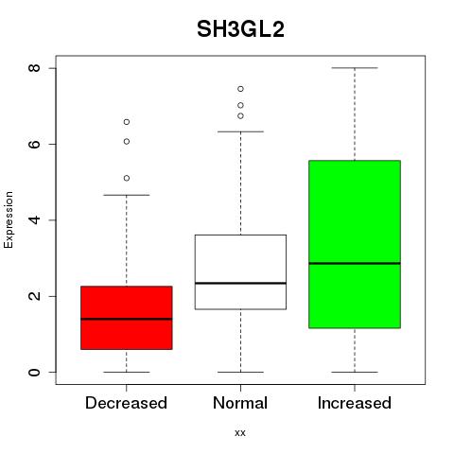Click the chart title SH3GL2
pos(240,29)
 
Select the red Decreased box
pos(127,318)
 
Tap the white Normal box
pos(240,271)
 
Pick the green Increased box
pos(355,244)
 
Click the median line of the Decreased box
pos(127,319)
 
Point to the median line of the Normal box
pos(240,283)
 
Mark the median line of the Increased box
pos(355,263)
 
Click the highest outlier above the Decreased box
pos(127,122)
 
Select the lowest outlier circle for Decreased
pos(127,179)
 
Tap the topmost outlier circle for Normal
pos(240,89)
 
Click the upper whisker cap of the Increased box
pos(355,68)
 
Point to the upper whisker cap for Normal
pos(240,131)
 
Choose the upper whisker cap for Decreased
pos(127,195)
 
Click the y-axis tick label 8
pos(35,68)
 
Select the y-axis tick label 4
pos(35,220)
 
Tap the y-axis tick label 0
pos(35,372)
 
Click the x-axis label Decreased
pos(126,403)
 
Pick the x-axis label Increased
pos(355,403)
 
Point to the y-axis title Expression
pos(9,219)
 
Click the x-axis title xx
pos(240,433)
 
